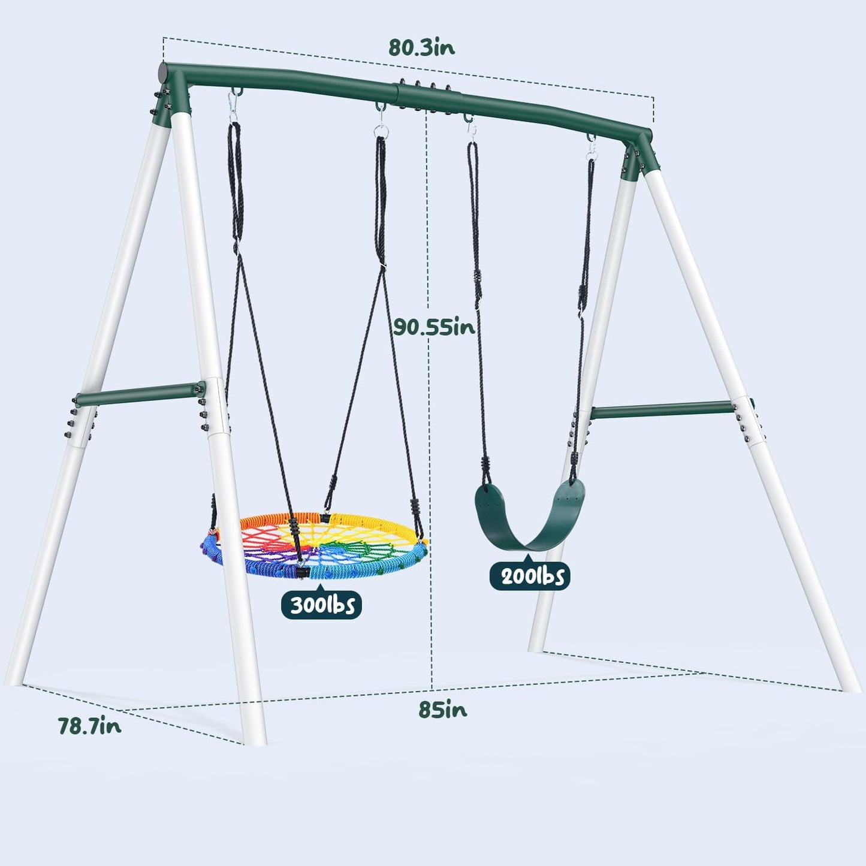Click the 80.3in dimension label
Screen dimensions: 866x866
421,47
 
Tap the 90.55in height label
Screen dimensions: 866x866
434,327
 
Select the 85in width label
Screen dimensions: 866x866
442,710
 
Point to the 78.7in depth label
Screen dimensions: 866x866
89,726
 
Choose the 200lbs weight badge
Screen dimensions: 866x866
529,576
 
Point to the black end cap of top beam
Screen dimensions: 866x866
163,75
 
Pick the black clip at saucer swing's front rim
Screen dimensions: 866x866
299,573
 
